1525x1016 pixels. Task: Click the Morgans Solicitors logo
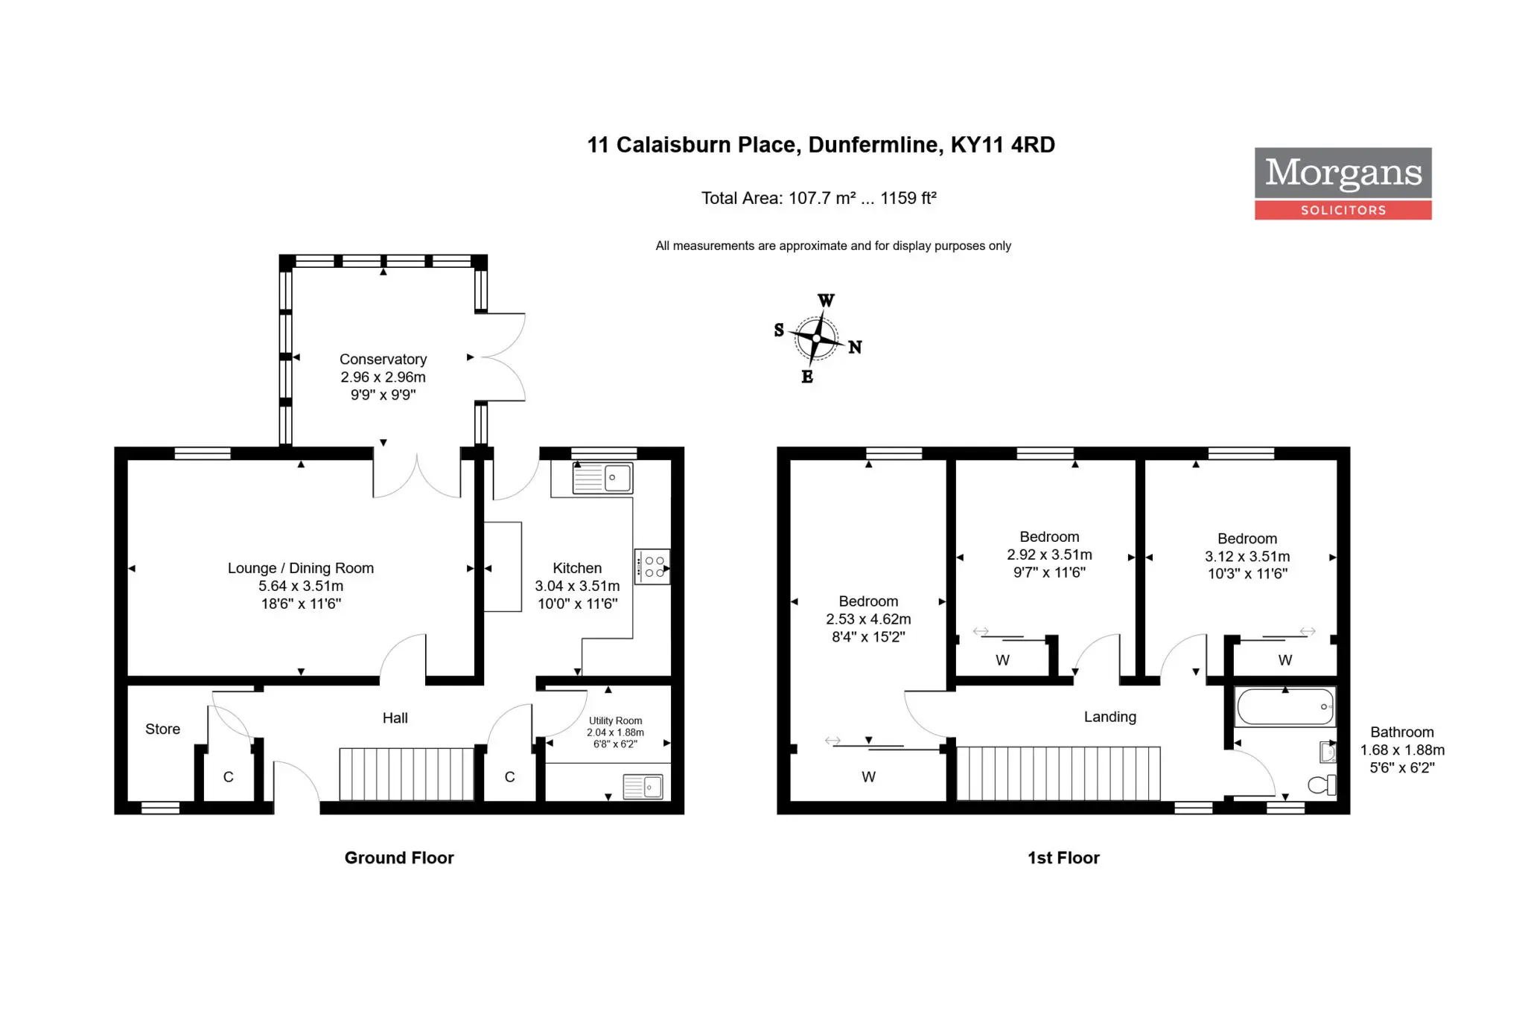click(1343, 183)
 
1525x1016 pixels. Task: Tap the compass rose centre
click(817, 339)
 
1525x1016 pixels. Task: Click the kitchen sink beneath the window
click(602, 478)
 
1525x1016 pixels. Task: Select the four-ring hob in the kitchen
click(652, 566)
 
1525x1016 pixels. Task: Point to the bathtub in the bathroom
click(1285, 706)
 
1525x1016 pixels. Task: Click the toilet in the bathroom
click(1322, 785)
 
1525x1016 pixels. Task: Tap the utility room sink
click(643, 787)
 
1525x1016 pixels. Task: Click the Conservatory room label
click(383, 360)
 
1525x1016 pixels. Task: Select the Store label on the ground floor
click(162, 729)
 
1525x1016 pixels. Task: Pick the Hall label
click(395, 718)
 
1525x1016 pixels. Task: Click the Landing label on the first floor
click(1110, 717)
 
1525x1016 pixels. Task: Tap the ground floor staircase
click(407, 774)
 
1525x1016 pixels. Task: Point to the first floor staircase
click(1058, 773)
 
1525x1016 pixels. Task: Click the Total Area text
click(818, 198)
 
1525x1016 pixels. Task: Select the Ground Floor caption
click(399, 858)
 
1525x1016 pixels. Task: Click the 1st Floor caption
click(1063, 858)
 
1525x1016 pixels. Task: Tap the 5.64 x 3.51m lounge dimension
click(301, 586)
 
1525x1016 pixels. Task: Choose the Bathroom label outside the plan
click(1402, 732)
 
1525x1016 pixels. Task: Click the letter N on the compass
click(855, 347)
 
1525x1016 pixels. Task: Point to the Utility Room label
click(615, 721)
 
